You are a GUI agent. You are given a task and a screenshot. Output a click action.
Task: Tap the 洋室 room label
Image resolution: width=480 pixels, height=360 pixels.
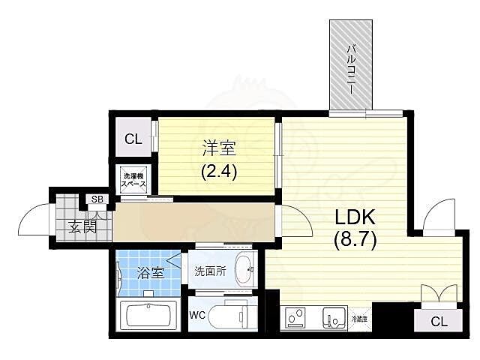point(218,148)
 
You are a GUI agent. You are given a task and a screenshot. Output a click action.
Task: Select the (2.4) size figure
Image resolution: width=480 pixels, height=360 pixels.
point(218,171)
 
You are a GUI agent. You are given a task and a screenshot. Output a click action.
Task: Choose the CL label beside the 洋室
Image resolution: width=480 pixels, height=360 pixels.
point(133,139)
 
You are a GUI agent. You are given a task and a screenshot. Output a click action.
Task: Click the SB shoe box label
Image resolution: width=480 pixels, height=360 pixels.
point(97,199)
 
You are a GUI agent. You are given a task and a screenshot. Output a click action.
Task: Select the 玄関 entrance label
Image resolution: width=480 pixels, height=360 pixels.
point(82,225)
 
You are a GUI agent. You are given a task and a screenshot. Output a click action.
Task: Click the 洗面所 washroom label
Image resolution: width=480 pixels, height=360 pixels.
point(210,271)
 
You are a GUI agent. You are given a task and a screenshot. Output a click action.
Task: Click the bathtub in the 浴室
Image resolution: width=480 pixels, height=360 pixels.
point(150,315)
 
